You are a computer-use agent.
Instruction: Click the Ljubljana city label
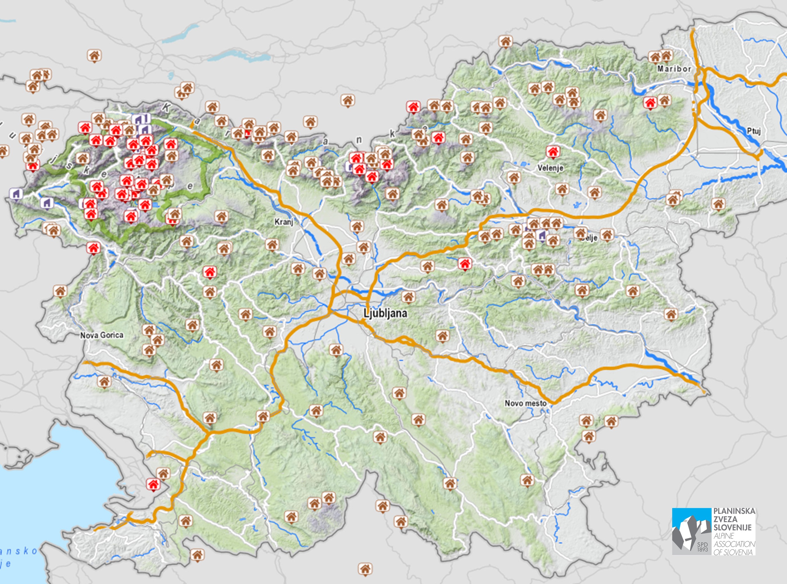[385, 313]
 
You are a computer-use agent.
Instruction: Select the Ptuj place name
[754, 131]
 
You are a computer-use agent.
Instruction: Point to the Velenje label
[550, 168]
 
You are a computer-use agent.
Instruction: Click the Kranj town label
[284, 222]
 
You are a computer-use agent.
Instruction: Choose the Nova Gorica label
[102, 335]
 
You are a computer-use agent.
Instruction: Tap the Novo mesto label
[525, 403]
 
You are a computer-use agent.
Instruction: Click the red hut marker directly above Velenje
[553, 152]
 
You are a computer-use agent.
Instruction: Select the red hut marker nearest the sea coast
[153, 484]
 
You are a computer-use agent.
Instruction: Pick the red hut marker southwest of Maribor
[650, 103]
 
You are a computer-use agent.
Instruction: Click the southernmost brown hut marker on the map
[365, 569]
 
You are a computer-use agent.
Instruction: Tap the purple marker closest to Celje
[541, 235]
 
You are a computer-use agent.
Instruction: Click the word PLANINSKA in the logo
[734, 512]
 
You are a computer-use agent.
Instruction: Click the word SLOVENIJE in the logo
[732, 528]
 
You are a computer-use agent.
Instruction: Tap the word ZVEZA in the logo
[725, 519]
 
